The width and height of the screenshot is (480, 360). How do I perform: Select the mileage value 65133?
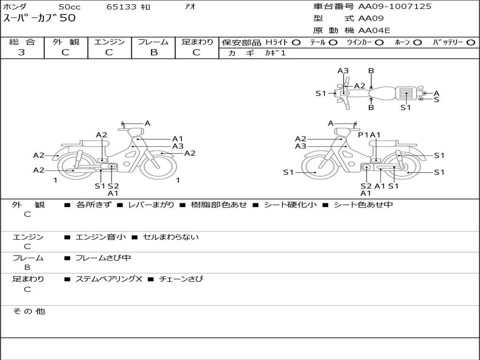pyautogui.click(x=121, y=7)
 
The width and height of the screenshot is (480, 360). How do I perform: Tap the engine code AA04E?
pyautogui.click(x=374, y=31)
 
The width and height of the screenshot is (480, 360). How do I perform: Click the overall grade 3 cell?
pyautogui.click(x=22, y=52)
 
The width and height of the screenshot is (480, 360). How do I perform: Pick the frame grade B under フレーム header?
pyautogui.click(x=153, y=52)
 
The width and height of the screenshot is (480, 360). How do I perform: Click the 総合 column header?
pyautogui.click(x=22, y=42)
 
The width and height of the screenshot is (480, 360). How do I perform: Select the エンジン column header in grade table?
pyautogui.click(x=109, y=42)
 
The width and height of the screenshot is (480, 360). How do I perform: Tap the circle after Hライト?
pyautogui.click(x=296, y=42)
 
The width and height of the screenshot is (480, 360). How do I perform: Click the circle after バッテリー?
pyautogui.click(x=471, y=42)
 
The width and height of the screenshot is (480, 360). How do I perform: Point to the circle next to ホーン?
pyautogui.click(x=417, y=42)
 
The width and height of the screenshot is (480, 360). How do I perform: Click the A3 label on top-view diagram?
pyautogui.click(x=343, y=71)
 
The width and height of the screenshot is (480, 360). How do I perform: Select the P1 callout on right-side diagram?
pyautogui.click(x=363, y=135)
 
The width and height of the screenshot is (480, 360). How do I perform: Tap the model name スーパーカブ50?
pyautogui.click(x=39, y=19)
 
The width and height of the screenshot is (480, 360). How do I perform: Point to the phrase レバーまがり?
pyautogui.click(x=151, y=204)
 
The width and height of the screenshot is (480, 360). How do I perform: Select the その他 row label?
pyautogui.click(x=29, y=311)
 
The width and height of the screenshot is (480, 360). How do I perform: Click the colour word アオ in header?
pyautogui.click(x=190, y=7)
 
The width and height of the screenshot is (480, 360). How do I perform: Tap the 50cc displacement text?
pyautogui.click(x=69, y=7)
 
